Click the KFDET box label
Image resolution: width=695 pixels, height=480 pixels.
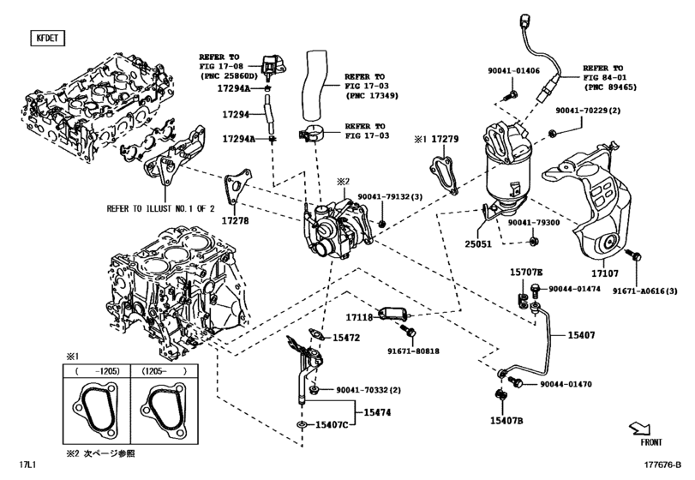click(x=43, y=39)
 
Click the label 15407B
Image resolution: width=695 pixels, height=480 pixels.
click(x=506, y=420)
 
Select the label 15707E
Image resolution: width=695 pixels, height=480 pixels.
click(x=527, y=272)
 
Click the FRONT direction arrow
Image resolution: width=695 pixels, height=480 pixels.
click(x=641, y=429)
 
